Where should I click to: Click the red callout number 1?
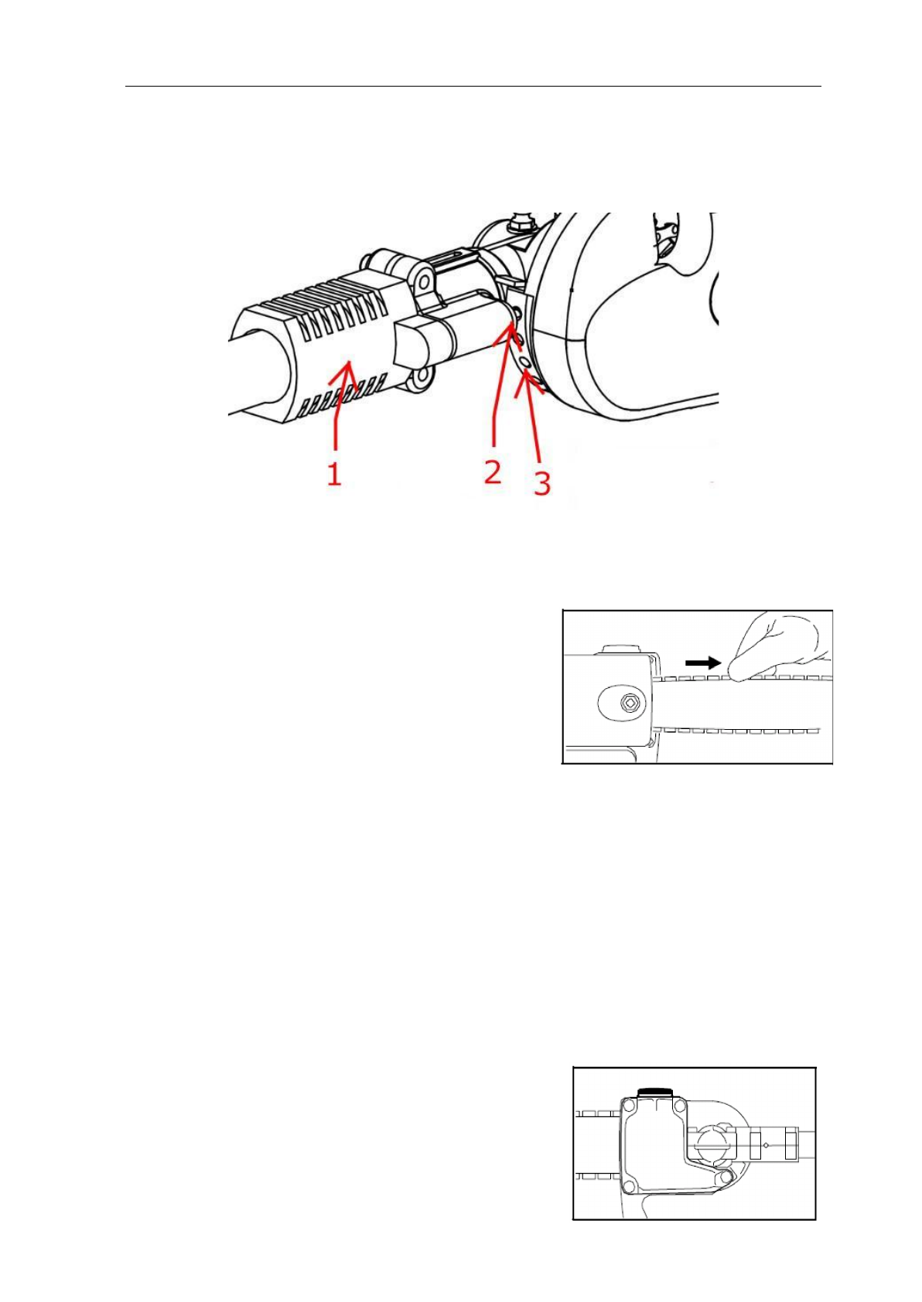click(x=333, y=473)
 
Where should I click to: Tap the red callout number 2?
click(x=492, y=470)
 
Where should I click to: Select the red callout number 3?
click(x=542, y=483)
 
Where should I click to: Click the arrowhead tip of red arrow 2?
click(x=510, y=328)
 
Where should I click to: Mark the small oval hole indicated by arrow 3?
click(x=524, y=363)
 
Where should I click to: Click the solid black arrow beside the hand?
click(x=703, y=663)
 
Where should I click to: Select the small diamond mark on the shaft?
click(x=765, y=1144)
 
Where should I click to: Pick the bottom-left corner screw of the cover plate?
click(x=630, y=1185)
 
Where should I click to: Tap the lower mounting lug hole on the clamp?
click(x=421, y=378)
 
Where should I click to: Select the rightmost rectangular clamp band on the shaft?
click(x=791, y=1144)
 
